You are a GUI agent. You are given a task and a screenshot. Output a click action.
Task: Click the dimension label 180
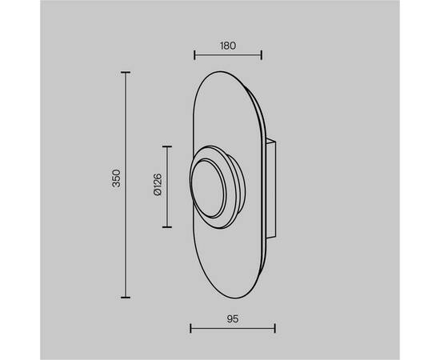click(228, 46)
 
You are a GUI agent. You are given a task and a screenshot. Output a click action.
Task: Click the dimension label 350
click(116, 178)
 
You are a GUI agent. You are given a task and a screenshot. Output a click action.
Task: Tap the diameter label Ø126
click(158, 185)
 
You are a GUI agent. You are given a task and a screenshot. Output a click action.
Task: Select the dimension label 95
click(233, 319)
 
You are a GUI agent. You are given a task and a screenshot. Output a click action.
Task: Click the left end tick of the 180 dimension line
click(194, 55)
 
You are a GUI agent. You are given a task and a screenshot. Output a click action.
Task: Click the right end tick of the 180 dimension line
click(262, 55)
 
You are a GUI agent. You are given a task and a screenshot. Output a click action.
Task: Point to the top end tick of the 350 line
click(126, 72)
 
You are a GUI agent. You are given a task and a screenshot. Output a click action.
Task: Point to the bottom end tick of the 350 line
click(126, 297)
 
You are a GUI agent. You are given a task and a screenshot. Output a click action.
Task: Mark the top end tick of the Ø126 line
click(167, 146)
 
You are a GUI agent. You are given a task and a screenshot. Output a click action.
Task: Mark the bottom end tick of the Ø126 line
click(167, 227)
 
